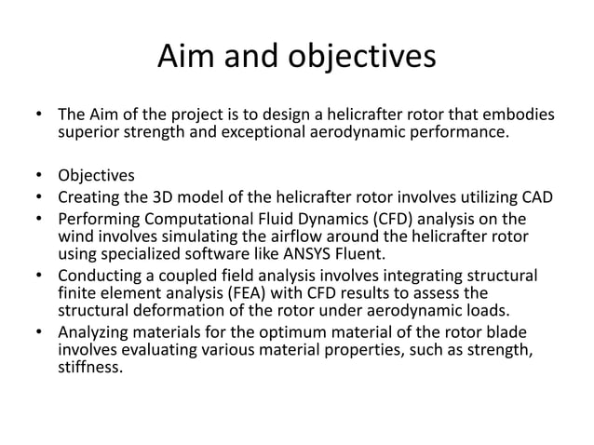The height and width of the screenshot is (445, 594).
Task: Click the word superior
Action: point(88,134)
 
